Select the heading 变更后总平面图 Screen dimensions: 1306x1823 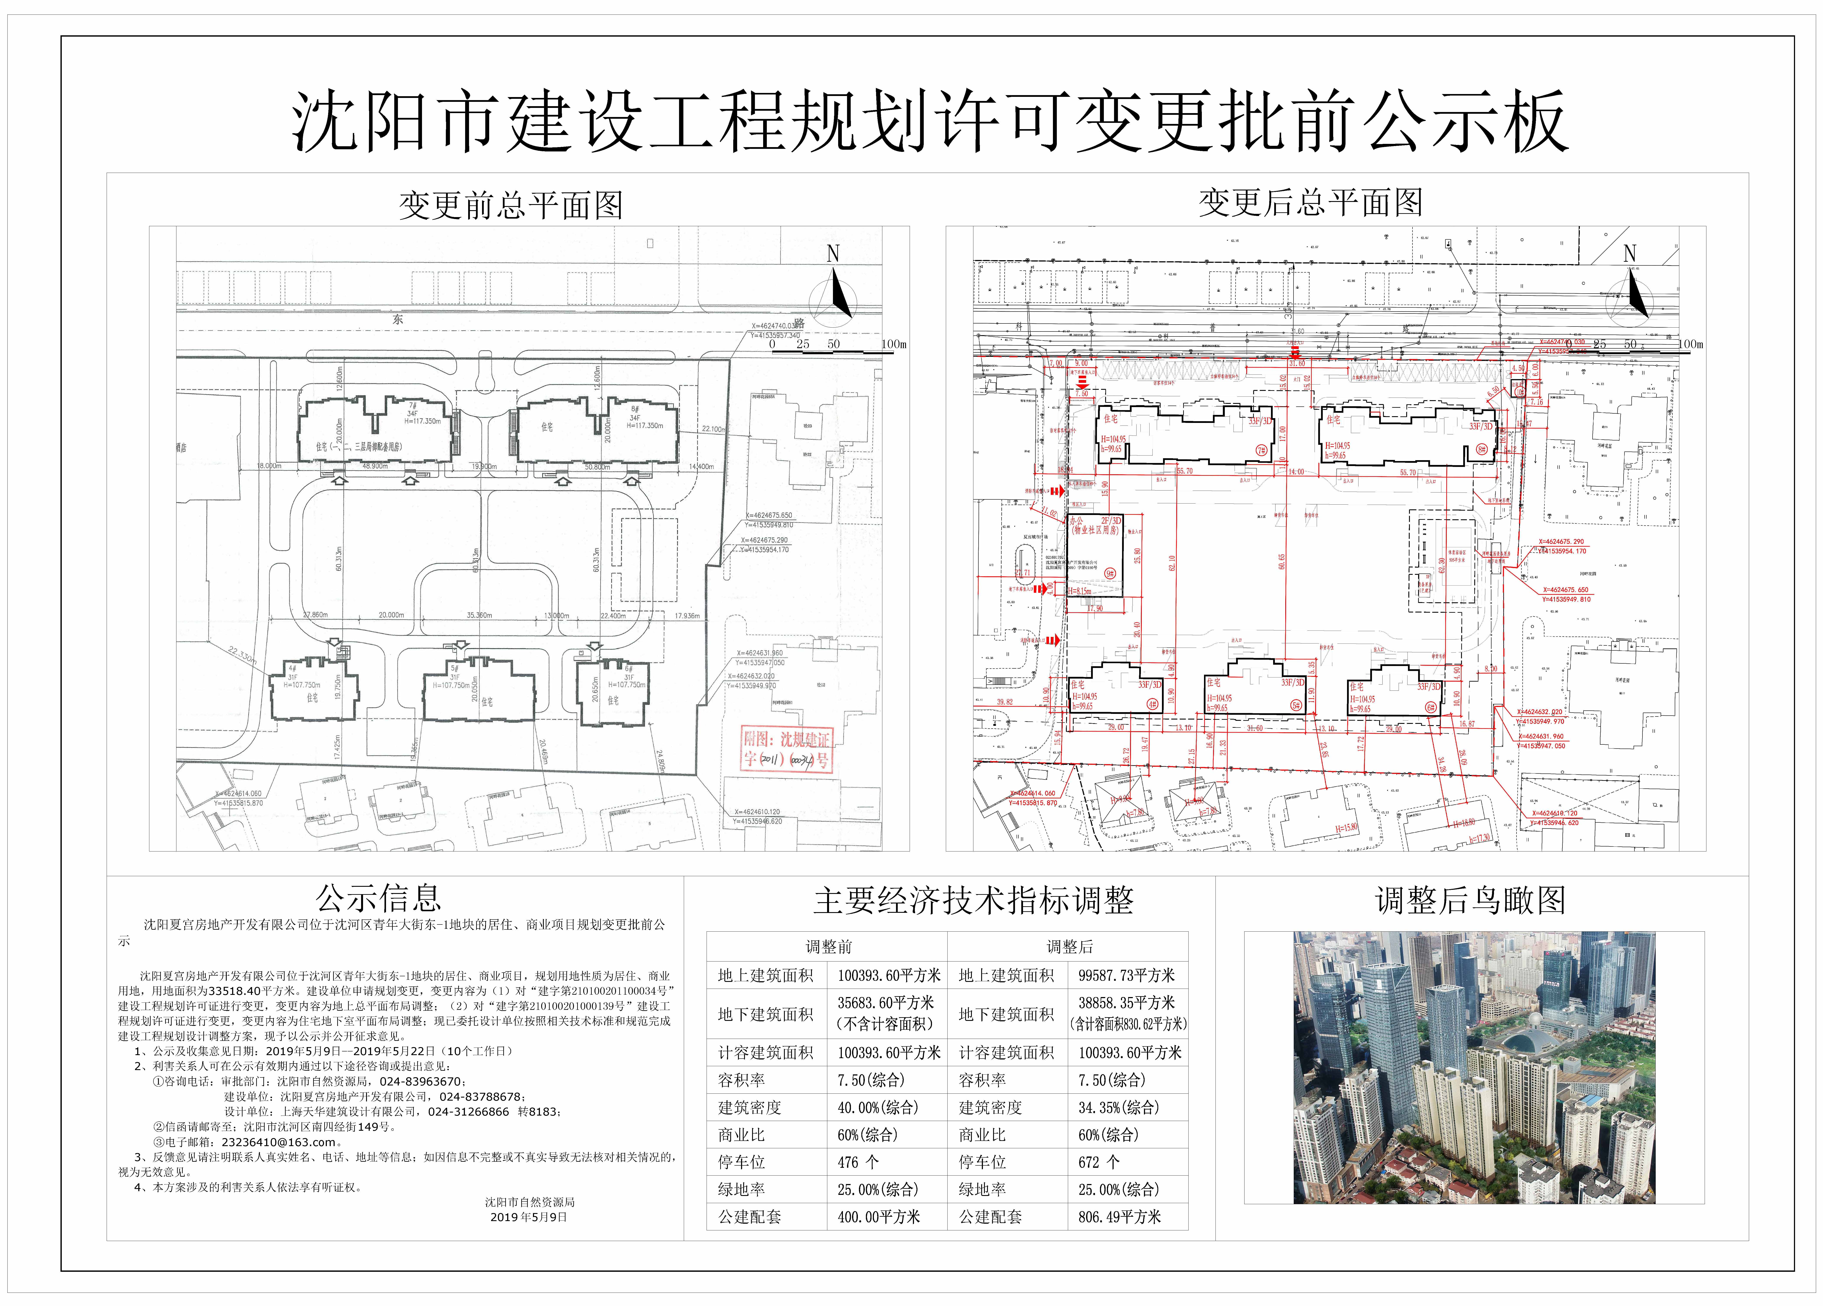click(x=1310, y=203)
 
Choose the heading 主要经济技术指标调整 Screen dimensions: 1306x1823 click(x=973, y=901)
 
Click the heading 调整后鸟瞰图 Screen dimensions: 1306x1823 click(x=1470, y=900)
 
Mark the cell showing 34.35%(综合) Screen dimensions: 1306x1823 click(x=1118, y=1108)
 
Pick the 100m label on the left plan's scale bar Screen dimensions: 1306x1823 click(x=893, y=344)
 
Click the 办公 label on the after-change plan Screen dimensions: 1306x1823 click(x=1075, y=521)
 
